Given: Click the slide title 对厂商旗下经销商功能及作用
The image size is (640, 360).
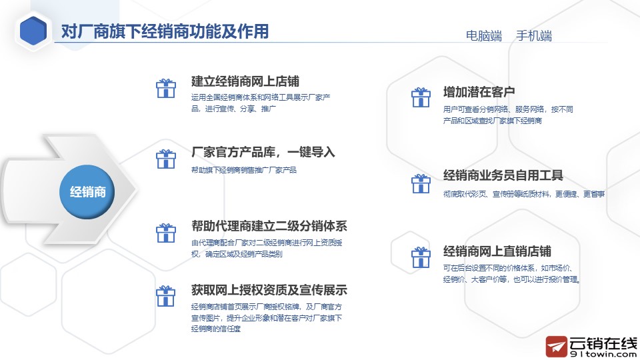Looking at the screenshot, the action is pos(165,31).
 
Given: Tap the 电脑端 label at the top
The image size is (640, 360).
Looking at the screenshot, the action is pos(484,36).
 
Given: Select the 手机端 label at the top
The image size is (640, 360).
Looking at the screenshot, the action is pos(534,36).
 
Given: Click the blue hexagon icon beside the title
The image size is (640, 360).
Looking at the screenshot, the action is pos(33,31).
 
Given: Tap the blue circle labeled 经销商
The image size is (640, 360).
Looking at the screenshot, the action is pos(87,191).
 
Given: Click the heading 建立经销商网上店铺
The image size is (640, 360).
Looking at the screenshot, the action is pos(245,81).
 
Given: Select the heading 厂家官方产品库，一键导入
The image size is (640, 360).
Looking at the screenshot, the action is pos(263,152).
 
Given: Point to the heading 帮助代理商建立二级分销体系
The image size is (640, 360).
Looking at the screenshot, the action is pos(269,226).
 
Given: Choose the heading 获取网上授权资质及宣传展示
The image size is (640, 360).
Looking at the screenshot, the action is pos(269,290).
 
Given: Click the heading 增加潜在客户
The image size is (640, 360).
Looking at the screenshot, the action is pos(479,92).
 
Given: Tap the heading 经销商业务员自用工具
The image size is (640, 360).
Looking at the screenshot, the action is pos(503,175).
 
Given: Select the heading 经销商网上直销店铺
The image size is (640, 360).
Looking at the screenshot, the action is pos(497,251).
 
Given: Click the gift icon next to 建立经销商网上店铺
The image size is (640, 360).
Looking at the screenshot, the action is pos(166,89).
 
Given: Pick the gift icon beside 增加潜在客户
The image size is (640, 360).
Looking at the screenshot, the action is pos(421,97).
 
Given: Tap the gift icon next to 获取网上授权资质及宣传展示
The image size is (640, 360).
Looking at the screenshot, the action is pos(166,296).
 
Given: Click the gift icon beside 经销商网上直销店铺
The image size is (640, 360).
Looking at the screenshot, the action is pos(421,257).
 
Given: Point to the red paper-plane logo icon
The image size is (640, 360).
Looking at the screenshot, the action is pos(557,347).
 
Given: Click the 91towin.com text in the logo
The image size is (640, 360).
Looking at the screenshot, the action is pos(603,354).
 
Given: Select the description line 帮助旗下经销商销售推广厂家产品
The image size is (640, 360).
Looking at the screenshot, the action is pos(244,170).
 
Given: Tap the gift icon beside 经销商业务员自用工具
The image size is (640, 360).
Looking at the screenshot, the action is pos(421,184).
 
